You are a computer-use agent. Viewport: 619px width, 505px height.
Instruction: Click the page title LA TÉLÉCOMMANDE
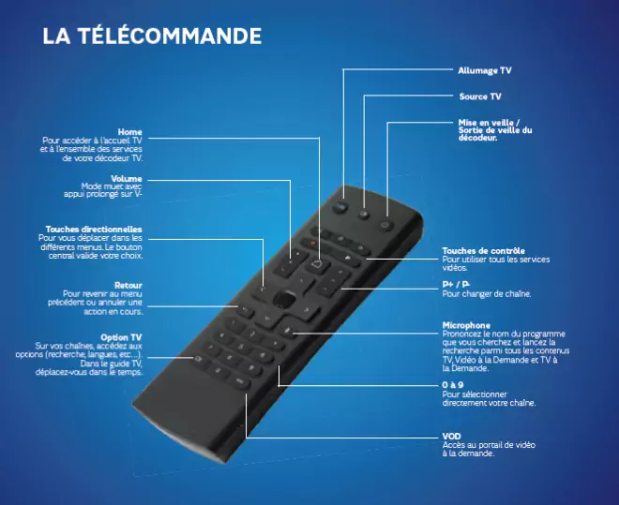[x=152, y=37]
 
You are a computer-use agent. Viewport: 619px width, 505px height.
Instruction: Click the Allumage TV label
[x=484, y=70]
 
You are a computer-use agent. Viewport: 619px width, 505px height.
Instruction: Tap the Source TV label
[x=479, y=97]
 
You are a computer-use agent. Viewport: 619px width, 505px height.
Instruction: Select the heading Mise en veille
[x=488, y=122]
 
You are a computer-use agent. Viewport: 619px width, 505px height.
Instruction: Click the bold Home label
[x=130, y=132]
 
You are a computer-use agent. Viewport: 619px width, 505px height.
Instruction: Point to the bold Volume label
[x=127, y=178]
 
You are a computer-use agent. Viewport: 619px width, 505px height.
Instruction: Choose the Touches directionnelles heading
[x=94, y=229]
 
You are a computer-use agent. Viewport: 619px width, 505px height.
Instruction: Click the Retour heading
[x=128, y=285]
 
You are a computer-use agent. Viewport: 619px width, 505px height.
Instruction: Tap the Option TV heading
[x=121, y=337]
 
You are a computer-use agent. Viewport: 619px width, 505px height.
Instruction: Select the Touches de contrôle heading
[x=482, y=251]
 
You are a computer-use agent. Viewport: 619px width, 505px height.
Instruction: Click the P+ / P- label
[x=456, y=284]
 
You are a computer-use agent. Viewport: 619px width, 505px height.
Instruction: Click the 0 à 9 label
[x=451, y=385]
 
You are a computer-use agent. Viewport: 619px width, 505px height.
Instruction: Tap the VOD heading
[x=451, y=436]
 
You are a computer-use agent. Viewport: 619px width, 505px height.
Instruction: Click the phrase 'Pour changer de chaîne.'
[x=487, y=293]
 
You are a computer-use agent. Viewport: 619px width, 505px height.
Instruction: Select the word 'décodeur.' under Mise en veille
[x=477, y=139]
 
